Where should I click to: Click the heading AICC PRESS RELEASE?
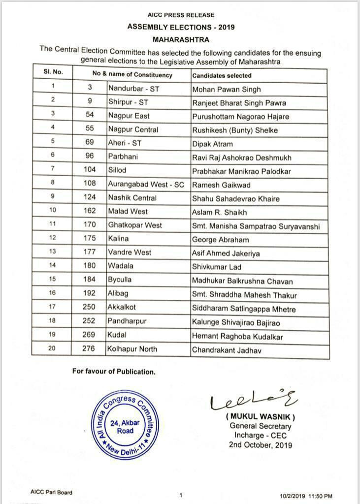180,15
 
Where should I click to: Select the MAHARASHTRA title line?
180,39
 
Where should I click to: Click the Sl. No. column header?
53,72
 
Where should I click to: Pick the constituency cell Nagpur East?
129,116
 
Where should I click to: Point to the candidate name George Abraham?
220,240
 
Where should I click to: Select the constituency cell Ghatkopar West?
135,225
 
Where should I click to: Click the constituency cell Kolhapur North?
132,349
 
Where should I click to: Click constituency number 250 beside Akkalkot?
90,307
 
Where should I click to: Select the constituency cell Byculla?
121,280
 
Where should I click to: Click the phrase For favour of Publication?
114,372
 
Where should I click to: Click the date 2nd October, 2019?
261,445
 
